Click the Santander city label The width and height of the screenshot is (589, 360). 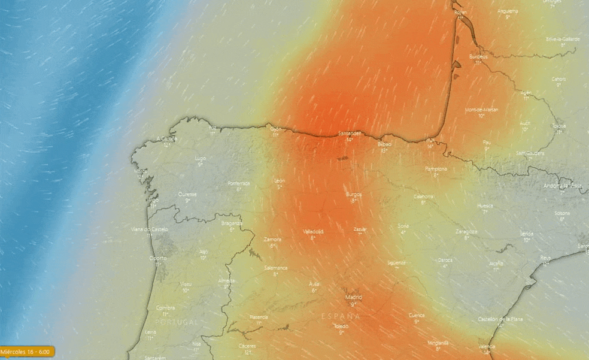tap(349, 133)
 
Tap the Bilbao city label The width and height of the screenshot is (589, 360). tap(385, 144)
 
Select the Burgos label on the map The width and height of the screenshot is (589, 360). tap(354, 194)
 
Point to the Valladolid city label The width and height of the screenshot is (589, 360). tap(313, 231)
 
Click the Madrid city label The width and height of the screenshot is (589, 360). tap(354, 297)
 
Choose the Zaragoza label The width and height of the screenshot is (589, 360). tap(466, 231)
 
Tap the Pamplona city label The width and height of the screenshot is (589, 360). tap(436, 169)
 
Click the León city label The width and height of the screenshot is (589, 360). tap(279, 180)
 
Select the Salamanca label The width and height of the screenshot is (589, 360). tap(276, 268)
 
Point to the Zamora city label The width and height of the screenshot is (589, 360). tap(272, 239)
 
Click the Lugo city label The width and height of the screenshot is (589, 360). tap(200, 158)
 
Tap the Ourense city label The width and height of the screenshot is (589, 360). tap(187, 194)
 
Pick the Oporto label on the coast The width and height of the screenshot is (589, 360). tap(159, 258)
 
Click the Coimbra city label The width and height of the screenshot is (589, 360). tap(165, 308)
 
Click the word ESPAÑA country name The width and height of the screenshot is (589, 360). tap(341, 316)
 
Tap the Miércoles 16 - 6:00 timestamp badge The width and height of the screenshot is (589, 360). tap(28, 352)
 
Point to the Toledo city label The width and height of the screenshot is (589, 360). tap(341, 326)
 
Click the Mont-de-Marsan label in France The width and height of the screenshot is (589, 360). tap(481, 110)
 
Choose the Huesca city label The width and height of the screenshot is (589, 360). tap(485, 205)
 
